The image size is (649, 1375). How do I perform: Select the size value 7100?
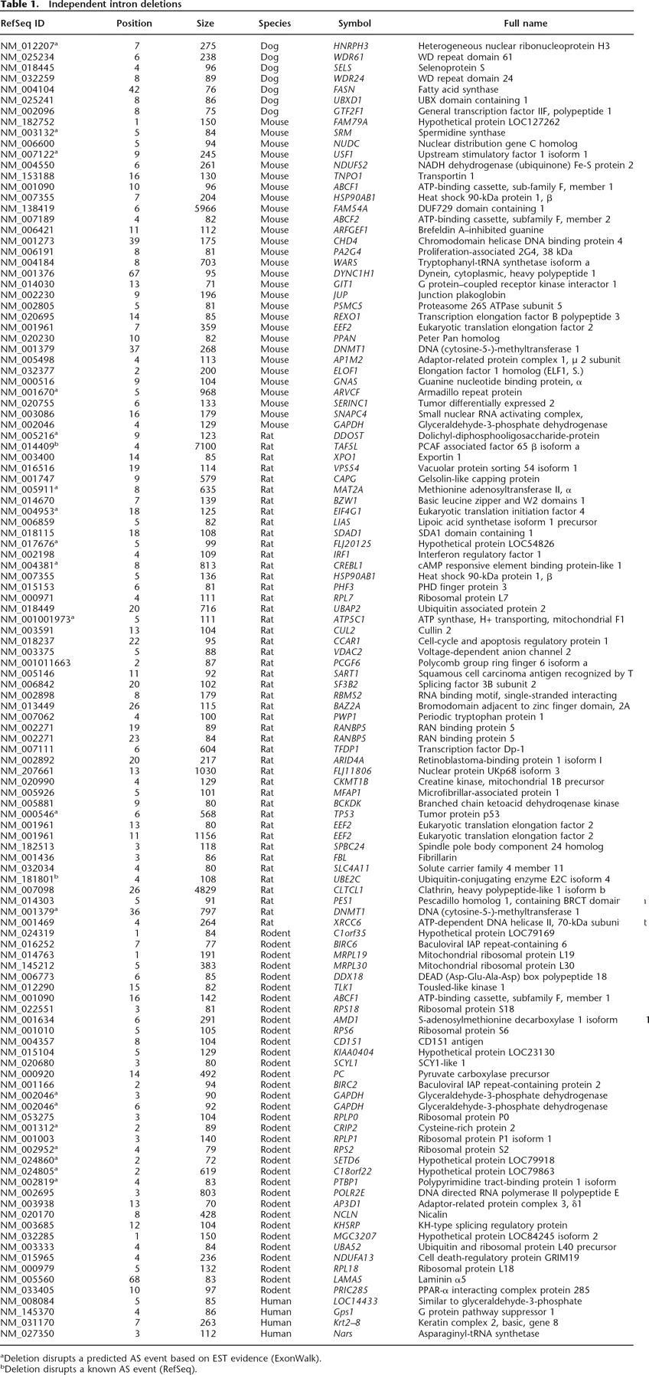205,447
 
